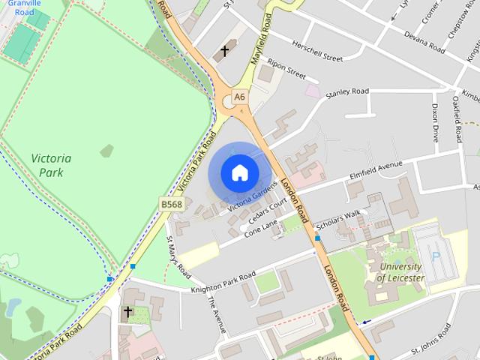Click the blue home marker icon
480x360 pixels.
pos(239,172)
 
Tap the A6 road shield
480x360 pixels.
pos(239,96)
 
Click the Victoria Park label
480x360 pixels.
pos(52,165)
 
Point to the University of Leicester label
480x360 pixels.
pos(400,272)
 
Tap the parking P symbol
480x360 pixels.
pos(436,256)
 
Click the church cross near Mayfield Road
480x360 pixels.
pos(223,52)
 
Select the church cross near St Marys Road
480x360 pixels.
pos(127,310)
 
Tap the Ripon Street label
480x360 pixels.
pos(286,70)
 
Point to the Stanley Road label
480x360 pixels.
pos(347,92)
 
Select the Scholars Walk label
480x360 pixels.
pos(338,219)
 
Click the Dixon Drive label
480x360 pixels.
pos(435,122)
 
